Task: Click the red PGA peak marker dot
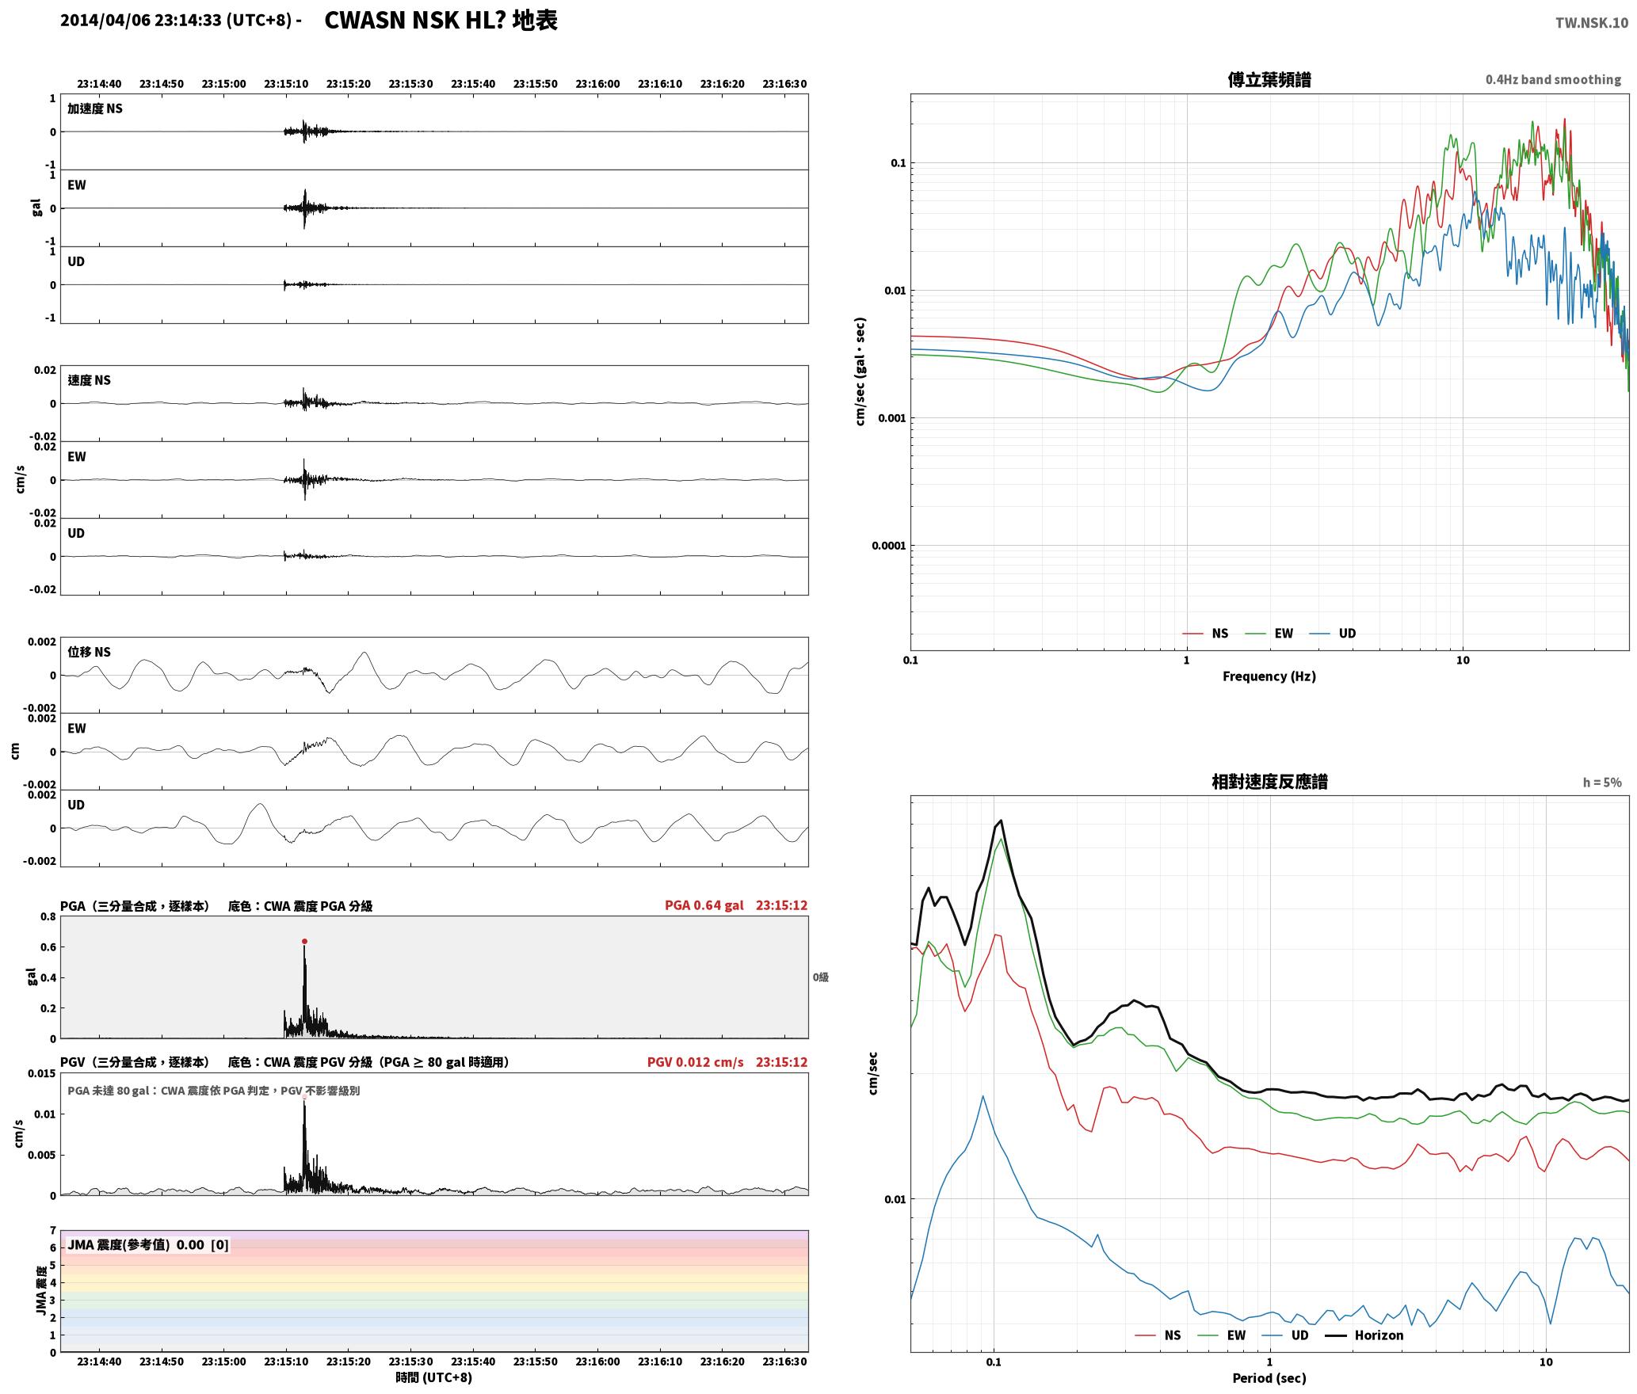(x=304, y=942)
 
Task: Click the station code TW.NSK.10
(x=1592, y=22)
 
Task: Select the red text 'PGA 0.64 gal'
(x=704, y=905)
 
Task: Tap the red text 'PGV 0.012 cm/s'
(x=696, y=1062)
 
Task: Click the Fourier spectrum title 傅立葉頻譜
(x=1269, y=79)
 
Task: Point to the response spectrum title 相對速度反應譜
(x=1269, y=782)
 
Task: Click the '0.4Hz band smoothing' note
(x=1553, y=79)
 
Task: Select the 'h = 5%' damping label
(x=1602, y=783)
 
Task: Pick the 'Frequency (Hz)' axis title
(x=1269, y=676)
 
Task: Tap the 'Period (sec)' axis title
(x=1269, y=1378)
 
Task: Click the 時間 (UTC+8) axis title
(x=434, y=1377)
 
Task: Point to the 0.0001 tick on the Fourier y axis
(x=888, y=546)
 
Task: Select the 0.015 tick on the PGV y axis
(x=42, y=1074)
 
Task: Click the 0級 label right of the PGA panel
(x=821, y=977)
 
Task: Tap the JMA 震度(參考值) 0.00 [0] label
(x=148, y=1245)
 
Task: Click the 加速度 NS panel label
(x=95, y=109)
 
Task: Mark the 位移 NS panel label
(x=89, y=652)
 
